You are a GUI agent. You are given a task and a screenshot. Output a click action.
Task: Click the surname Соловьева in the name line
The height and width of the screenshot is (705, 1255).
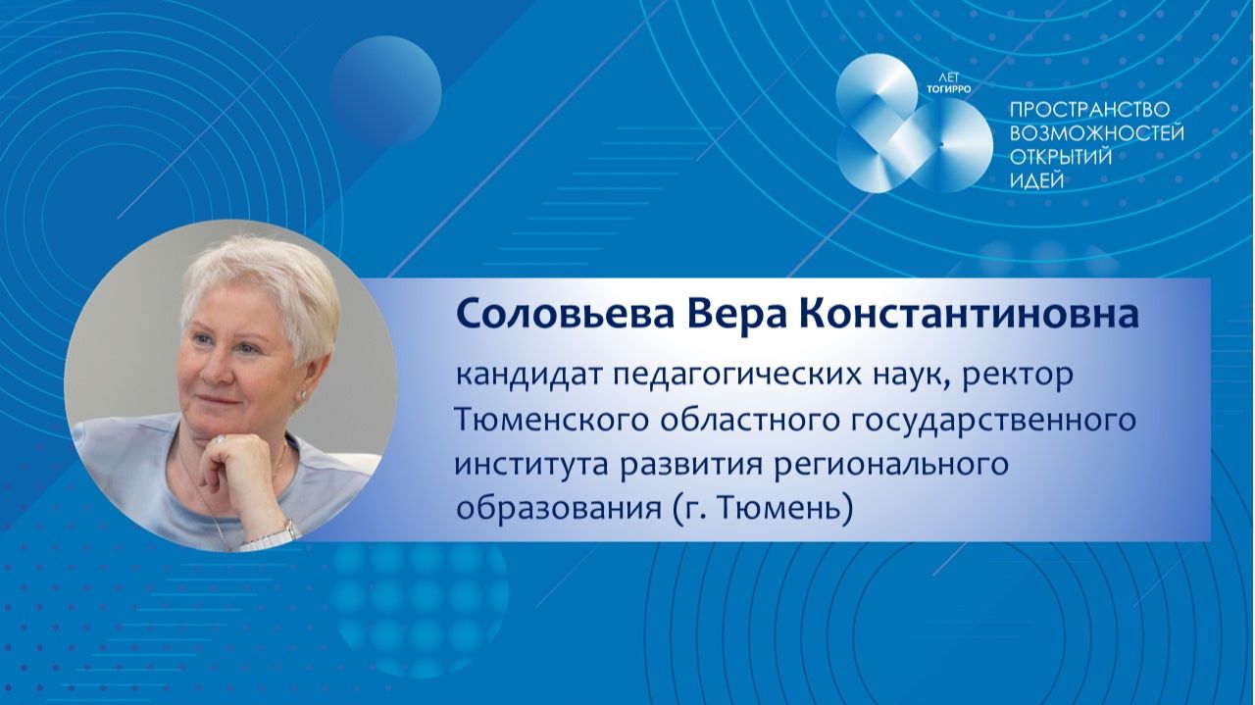[552, 315]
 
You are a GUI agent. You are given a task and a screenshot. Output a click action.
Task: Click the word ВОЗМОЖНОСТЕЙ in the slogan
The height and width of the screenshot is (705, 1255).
[1096, 134]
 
